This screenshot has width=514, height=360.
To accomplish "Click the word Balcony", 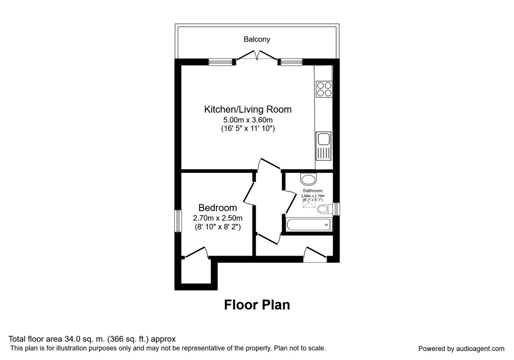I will point(257,39).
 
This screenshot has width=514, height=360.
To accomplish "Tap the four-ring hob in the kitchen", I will point(324,88).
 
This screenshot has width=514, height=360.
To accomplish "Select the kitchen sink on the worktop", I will point(323,139).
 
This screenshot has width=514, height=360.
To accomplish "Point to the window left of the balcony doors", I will point(221,63).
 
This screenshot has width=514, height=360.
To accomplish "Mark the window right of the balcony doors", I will point(291,63).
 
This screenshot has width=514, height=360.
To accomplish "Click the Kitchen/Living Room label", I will point(248,109).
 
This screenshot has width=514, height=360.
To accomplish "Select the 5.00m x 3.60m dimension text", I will point(248,120).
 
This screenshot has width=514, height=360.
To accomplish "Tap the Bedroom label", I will point(218,208).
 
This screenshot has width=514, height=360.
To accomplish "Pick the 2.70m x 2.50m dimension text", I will point(218,218).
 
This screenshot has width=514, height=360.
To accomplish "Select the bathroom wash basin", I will point(308,178).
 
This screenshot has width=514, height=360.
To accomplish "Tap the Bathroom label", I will point(313,191).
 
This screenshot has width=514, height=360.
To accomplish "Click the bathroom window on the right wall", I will point(336,208).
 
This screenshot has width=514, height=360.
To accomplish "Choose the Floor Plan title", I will point(257,305).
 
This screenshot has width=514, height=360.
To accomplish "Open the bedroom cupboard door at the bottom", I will point(196,253).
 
